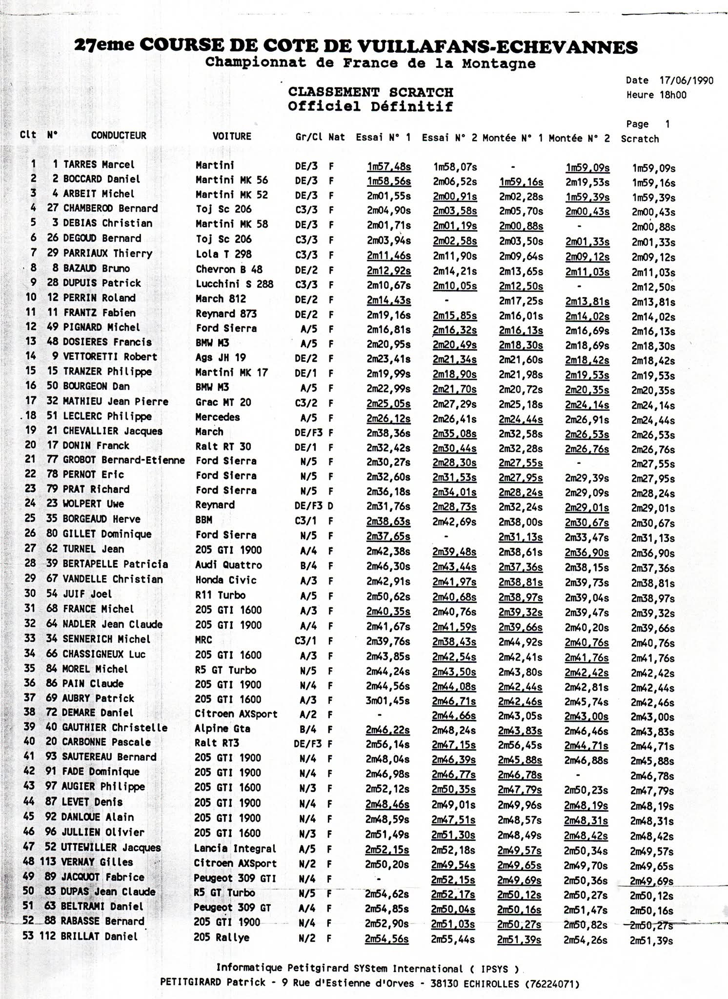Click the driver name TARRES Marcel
pos(99,165)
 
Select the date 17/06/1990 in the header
pos(686,80)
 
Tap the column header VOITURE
pos(232,137)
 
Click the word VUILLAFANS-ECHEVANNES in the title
pos(497,47)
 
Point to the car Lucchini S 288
pos(234,284)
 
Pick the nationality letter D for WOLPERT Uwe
pos(330,506)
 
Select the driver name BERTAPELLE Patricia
pos(115,564)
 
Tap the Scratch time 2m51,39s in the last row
pos(651,941)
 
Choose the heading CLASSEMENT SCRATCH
pos(370,92)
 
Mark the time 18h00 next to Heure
pos(673,95)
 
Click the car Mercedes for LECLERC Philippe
pos(218,417)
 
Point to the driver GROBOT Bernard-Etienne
pos(124,460)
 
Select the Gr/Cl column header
pos(309,138)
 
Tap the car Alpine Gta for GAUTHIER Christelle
pos(222,729)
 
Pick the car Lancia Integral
pos(235,849)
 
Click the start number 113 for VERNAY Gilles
pos(47,862)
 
